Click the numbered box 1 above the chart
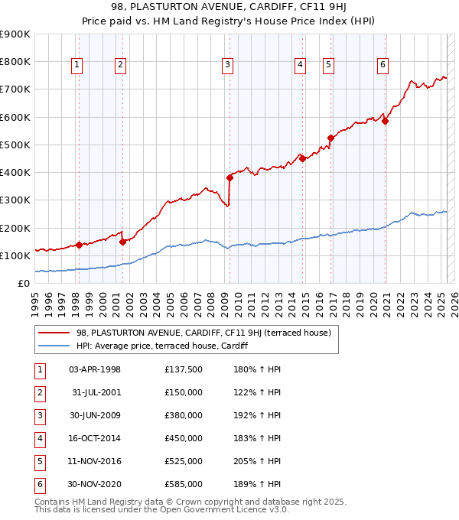point(78,66)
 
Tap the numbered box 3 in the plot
point(228,66)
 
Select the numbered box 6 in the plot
point(382,66)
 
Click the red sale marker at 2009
point(229,177)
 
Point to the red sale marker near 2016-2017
point(330,138)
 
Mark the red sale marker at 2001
point(123,242)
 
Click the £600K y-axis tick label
point(15,117)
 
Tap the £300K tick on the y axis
point(15,200)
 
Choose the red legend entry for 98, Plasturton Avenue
point(203,333)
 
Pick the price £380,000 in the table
point(184,415)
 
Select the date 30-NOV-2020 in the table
point(95,484)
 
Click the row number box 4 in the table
point(40,438)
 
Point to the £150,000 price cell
point(184,392)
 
